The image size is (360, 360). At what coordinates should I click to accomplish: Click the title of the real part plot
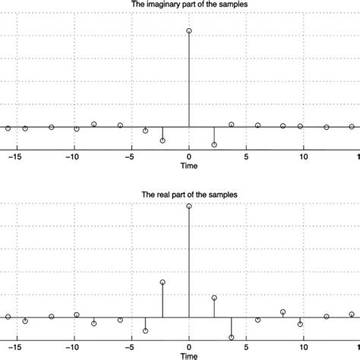pos(189,195)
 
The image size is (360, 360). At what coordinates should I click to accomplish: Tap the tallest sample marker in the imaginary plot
pos(189,31)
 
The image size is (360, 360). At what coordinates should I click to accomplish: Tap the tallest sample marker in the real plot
pos(189,207)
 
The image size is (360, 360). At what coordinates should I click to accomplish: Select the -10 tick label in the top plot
pos(72,156)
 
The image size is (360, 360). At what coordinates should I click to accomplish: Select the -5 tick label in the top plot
pos(130,156)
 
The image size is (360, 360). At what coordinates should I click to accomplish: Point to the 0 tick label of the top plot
pos(189,156)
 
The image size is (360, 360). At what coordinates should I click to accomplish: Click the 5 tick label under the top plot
pos(247,156)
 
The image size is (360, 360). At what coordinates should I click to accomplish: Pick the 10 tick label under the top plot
pos(304,156)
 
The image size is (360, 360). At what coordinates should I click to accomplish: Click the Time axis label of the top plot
pos(189,166)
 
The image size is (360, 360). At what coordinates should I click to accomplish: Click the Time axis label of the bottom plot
pos(189,355)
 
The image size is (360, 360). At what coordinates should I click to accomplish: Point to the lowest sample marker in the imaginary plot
pos(214,144)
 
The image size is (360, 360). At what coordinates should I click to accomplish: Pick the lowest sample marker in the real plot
pos(232,337)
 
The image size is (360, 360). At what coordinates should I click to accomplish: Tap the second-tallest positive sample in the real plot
pos(163,282)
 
